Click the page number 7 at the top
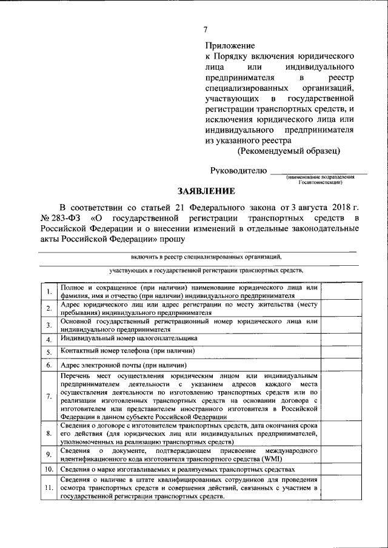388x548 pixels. pos(206,30)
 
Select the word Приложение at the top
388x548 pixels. pos(230,45)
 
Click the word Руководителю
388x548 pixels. pos(238,171)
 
